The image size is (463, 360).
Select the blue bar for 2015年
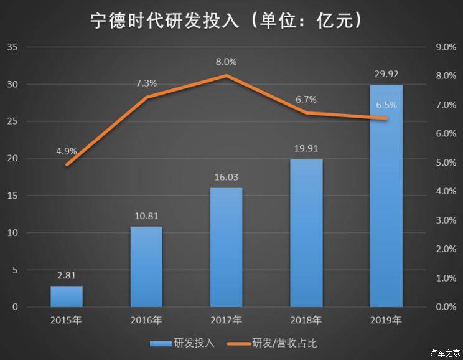[x=67, y=296]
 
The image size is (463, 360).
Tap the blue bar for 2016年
[x=146, y=267]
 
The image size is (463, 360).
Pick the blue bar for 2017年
[x=226, y=247]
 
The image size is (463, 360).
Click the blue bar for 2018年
[x=306, y=233]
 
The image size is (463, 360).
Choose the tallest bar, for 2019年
[x=386, y=196]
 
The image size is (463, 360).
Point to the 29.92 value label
[x=386, y=73]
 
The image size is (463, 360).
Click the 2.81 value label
[x=67, y=275]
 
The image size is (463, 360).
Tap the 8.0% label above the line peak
[x=226, y=62]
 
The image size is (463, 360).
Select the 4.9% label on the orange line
[x=66, y=151]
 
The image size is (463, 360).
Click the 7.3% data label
[x=146, y=83]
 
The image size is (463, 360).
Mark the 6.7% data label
[x=306, y=99]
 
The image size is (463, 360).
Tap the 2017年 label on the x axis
[x=226, y=321]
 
